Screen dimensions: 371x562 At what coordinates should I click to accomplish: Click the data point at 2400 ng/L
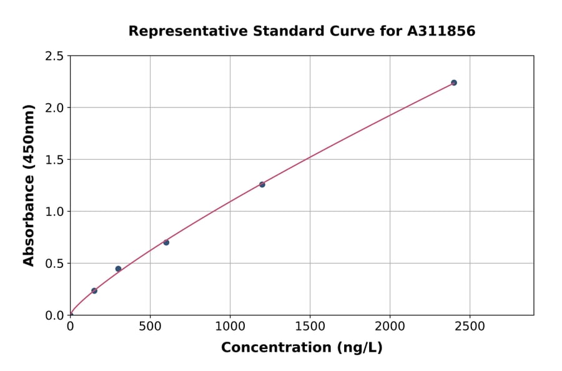454,82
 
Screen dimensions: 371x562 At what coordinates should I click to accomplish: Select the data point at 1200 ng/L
262,184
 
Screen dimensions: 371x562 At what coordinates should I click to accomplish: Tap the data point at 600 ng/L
166,242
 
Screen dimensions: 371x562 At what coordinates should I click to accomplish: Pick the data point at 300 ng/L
118,269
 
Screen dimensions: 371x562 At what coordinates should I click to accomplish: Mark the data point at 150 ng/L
94,290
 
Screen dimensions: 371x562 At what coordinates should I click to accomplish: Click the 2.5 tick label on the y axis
54,56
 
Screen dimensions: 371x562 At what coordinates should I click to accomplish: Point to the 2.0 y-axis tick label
54,108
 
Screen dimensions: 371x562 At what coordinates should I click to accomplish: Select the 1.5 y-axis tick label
54,160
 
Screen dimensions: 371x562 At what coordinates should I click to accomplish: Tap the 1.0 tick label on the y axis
54,212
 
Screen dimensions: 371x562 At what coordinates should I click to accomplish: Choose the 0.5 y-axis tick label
54,264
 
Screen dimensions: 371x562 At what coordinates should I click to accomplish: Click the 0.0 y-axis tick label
54,315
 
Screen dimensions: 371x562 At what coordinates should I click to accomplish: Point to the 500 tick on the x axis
150,327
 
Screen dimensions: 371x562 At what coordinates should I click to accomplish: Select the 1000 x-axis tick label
230,327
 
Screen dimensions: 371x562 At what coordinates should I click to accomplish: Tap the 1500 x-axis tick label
310,327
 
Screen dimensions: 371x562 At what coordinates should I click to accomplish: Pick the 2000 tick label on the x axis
390,327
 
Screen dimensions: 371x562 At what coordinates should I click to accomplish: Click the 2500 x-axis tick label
470,327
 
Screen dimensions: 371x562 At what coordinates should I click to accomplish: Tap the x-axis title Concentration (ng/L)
302,348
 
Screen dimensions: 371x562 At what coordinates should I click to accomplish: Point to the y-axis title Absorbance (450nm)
29,185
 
